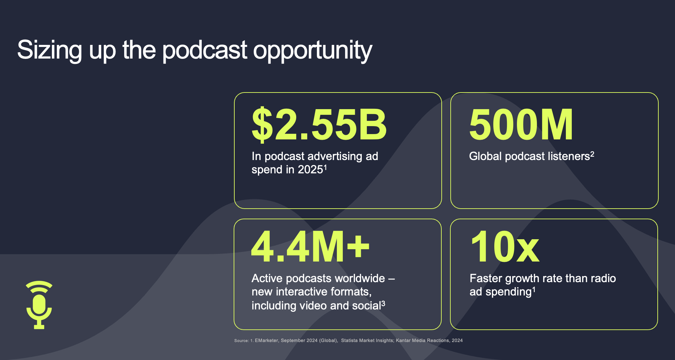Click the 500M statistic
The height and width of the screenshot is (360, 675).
pos(521,124)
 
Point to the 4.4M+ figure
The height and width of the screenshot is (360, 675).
pos(310,247)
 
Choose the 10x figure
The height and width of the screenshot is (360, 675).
pos(505,247)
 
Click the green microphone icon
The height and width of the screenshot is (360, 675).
pos(39,305)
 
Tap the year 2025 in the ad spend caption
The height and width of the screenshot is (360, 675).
pos(311,170)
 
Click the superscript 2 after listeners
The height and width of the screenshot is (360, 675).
pos(592,154)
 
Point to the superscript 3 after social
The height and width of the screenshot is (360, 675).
pos(383,303)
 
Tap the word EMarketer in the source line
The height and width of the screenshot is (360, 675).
pos(266,340)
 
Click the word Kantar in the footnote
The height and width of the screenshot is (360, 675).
pos(403,340)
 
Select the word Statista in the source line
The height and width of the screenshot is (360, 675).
pos(349,340)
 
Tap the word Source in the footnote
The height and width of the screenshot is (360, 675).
pos(241,341)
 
